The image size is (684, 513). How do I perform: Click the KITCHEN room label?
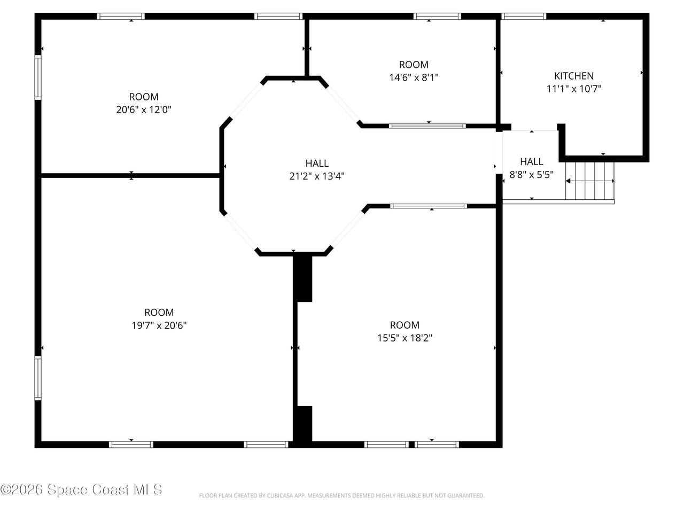tap(573, 76)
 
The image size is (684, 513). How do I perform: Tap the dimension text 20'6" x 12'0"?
tap(144, 110)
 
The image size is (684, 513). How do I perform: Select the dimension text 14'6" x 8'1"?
tap(414, 77)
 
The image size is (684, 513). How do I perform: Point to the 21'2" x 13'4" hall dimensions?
tap(316, 176)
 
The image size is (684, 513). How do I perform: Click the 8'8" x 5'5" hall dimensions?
tap(531, 174)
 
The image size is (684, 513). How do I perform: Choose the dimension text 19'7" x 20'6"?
tap(159, 325)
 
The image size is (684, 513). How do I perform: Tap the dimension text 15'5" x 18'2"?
tap(405, 338)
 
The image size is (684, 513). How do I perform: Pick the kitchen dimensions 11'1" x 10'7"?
tap(574, 89)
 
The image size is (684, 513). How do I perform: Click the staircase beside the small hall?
tap(589, 181)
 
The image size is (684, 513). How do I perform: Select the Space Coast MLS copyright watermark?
tap(81, 489)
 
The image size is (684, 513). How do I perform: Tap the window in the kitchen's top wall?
tap(524, 16)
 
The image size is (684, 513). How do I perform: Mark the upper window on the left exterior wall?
tap(38, 77)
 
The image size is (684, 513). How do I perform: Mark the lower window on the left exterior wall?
tap(38, 378)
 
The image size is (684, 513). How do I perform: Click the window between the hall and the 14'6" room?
tap(427, 126)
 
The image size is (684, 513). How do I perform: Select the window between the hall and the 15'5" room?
tap(429, 206)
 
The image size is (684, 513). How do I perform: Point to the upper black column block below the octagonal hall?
tap(302, 278)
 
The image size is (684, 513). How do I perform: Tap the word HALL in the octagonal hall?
tap(316, 163)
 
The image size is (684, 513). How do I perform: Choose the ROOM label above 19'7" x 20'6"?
tap(159, 313)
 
